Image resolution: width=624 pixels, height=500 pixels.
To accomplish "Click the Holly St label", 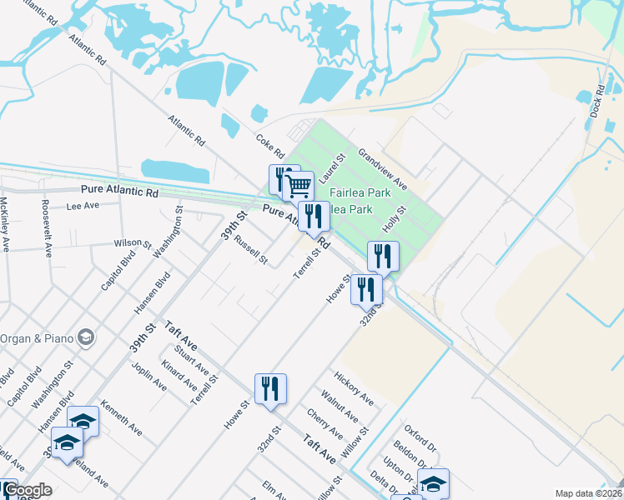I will pos(393,220).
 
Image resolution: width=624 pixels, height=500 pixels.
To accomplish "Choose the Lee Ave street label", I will pos(83,205).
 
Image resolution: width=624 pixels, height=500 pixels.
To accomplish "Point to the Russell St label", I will pos(250,250).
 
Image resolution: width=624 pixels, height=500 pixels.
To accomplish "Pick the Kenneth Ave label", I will pos(121,418).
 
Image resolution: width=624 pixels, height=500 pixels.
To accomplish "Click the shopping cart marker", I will pos(298,184).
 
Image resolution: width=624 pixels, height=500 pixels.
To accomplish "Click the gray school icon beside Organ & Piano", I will pos(86,337).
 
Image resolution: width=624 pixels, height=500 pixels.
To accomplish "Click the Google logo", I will pos(27,491).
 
